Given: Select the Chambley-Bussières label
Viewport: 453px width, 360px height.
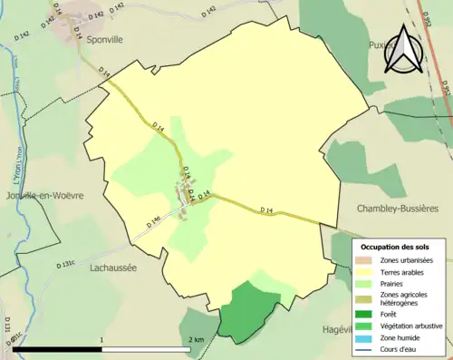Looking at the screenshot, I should coord(397,209).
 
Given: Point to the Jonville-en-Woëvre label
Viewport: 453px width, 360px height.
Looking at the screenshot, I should coord(43,195).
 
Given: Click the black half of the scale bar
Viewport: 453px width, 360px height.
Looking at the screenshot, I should coord(58,349).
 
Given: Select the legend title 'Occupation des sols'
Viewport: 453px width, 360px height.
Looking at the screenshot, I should coord(395,247).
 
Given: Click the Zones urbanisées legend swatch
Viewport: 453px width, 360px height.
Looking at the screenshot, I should coord(367,260).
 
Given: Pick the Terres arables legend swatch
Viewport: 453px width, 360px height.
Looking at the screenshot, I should coord(367,271).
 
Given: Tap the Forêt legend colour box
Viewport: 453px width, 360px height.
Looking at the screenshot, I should coord(367,315).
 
